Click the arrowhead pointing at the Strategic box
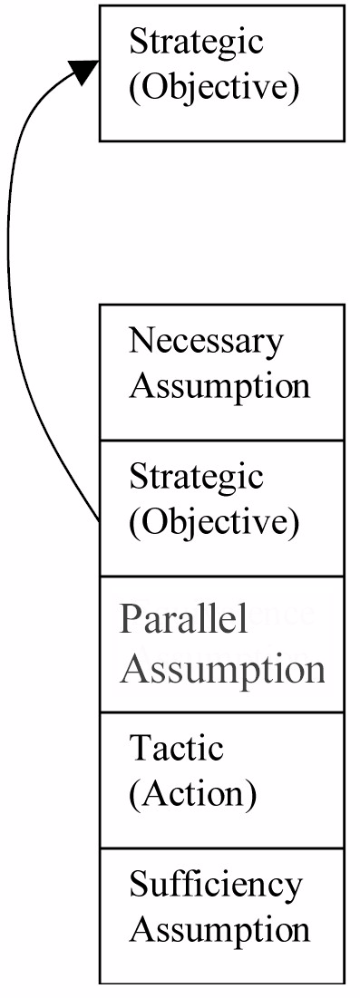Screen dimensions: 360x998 [84, 71]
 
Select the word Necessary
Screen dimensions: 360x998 [205, 342]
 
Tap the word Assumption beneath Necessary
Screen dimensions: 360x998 [219, 386]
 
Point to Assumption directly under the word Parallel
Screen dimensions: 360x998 [222, 670]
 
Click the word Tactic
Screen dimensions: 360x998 [177, 748]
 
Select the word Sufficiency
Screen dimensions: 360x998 [215, 886]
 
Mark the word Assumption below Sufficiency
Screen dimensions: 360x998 [219, 928]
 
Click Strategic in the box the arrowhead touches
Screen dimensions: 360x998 [196, 44]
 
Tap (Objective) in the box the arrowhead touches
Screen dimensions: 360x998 [213, 88]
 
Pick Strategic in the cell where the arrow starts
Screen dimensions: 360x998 [196, 478]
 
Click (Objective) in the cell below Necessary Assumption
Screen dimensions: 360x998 [213, 522]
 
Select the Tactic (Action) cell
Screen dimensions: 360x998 [222, 780]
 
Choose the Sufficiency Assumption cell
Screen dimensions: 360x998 [222, 916]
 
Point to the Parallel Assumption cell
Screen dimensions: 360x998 [222, 644]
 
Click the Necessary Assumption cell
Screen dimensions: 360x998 [222, 373]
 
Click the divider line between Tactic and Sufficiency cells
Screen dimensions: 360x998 [222, 848]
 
